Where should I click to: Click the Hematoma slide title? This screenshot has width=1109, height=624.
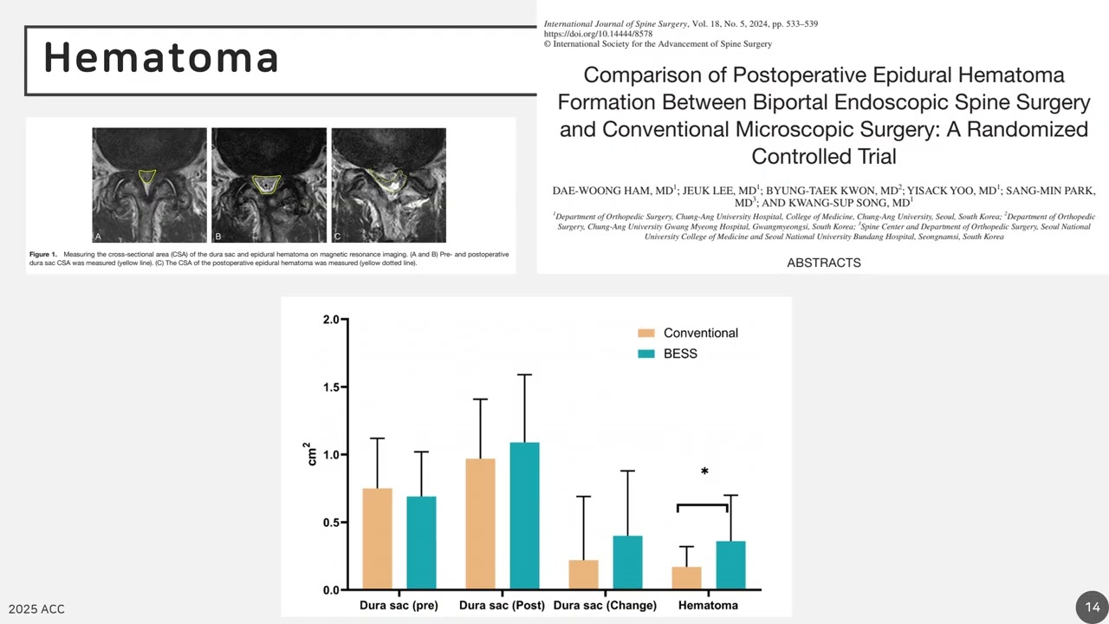point(161,58)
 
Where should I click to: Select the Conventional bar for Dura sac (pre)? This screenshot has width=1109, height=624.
point(377,538)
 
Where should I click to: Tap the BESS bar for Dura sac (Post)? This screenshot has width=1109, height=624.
point(524,516)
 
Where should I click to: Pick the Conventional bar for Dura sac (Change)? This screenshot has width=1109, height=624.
point(583,575)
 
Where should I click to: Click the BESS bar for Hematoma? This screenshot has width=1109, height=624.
point(730,565)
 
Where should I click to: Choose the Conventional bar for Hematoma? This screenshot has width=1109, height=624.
point(687,578)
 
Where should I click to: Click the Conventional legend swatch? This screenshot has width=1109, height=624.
point(646,333)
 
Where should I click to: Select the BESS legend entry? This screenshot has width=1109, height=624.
point(680,354)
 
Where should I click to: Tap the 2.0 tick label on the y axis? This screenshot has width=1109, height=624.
point(332,320)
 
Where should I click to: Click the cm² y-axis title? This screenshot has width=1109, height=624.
point(313,453)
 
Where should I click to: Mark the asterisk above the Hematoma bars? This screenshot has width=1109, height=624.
point(704,472)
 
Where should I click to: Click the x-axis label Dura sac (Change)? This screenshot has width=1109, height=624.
point(605,605)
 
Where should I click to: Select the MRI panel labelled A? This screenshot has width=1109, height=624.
point(149,185)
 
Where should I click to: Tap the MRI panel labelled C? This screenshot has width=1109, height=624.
point(388,185)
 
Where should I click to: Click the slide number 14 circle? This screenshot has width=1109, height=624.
point(1092,607)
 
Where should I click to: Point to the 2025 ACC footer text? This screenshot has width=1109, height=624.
point(36,609)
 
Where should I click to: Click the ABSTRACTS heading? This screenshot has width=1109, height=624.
point(823,263)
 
